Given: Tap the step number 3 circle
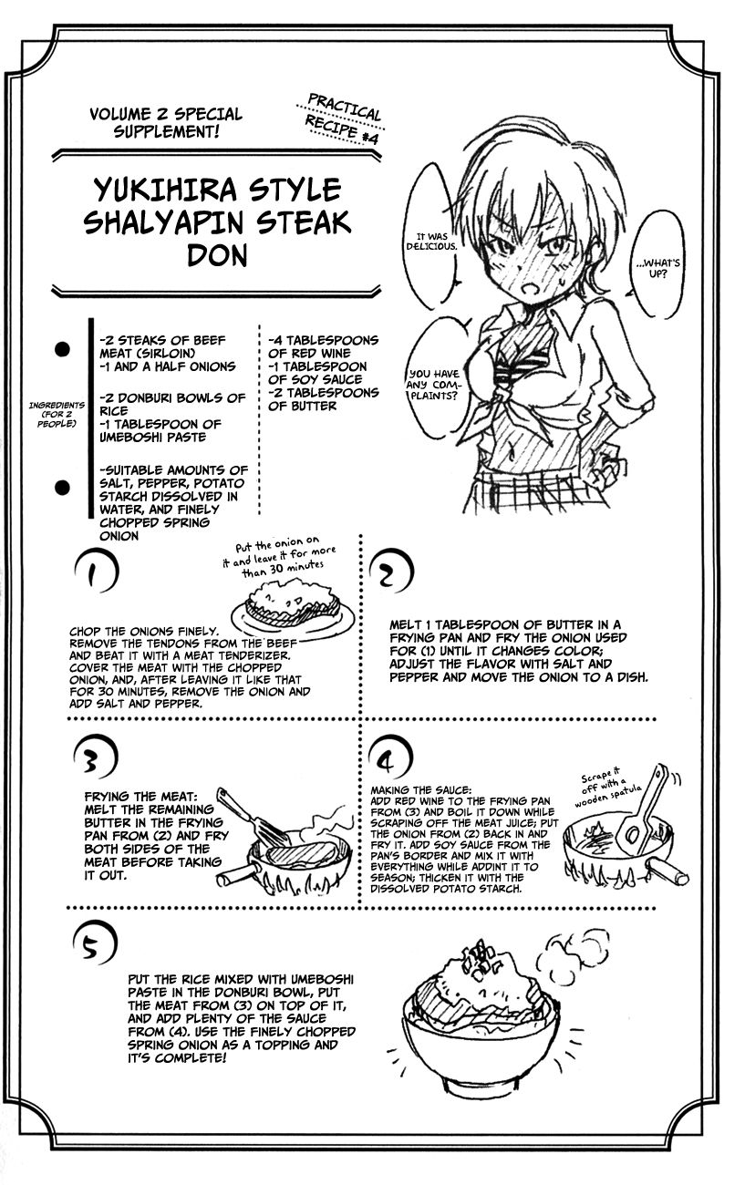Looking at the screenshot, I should [95, 753].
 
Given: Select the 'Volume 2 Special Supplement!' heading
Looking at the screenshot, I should [166, 123].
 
